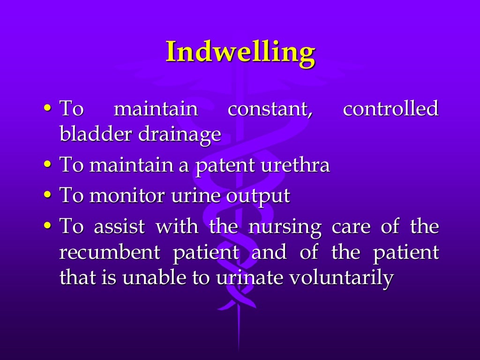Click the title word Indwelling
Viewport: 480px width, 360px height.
point(240,52)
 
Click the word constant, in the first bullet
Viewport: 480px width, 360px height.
point(270,109)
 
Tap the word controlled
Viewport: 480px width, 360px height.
point(390,109)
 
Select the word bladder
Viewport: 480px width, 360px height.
point(94,135)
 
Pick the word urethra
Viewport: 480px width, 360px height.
point(295,165)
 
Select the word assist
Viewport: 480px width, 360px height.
point(121,227)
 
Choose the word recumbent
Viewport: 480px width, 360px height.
point(110,253)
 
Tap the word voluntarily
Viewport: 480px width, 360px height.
point(340,278)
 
